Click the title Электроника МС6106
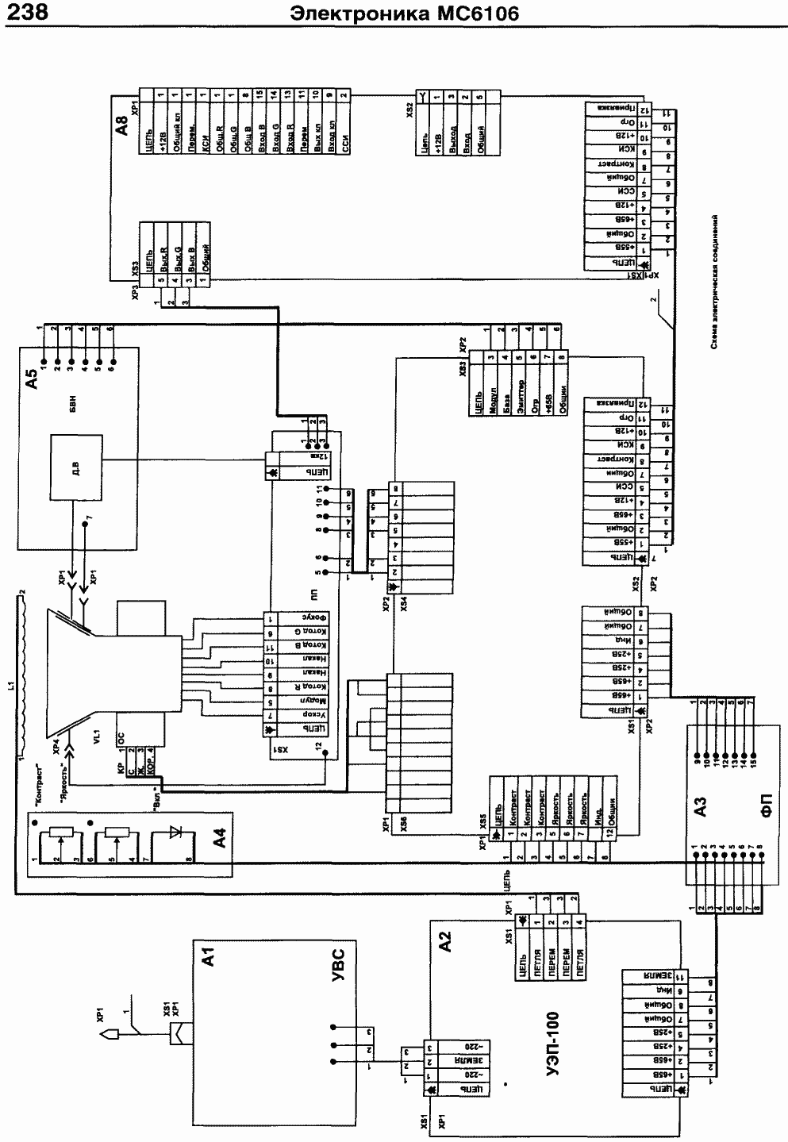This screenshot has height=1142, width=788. pos(405,13)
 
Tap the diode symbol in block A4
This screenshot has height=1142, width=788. pos(175,840)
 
